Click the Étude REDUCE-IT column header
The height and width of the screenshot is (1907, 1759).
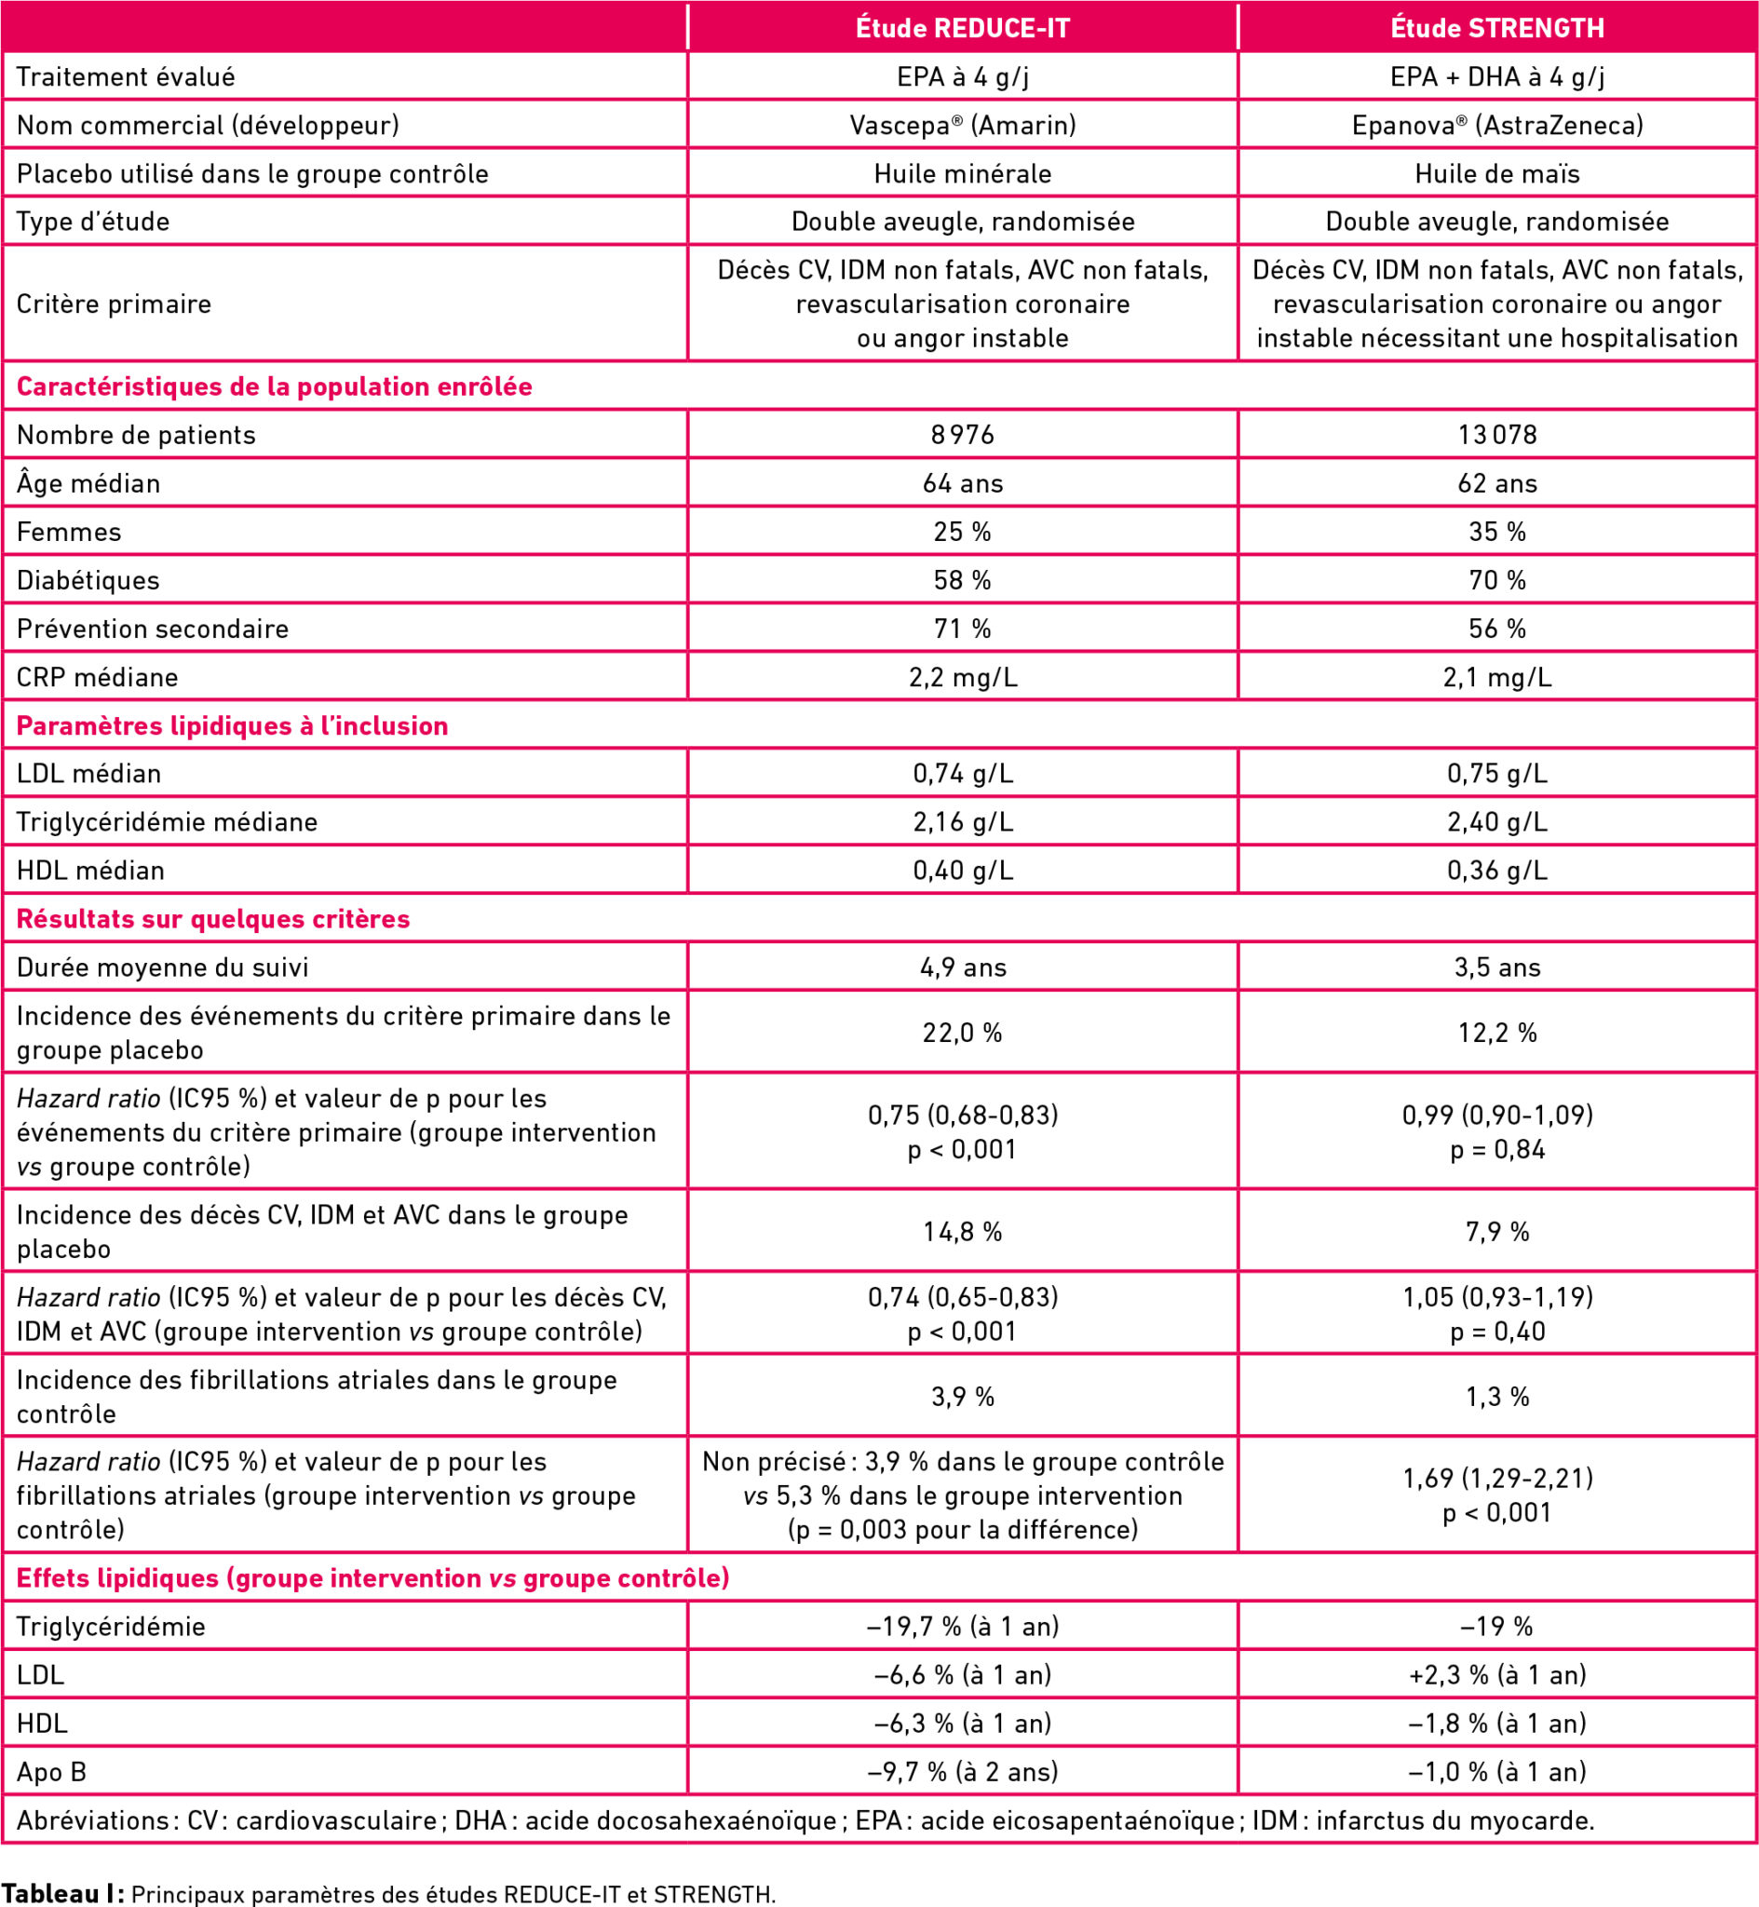click(x=962, y=28)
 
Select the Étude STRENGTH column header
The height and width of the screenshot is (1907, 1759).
click(x=1497, y=28)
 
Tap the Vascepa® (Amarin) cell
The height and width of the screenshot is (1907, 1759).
click(x=962, y=125)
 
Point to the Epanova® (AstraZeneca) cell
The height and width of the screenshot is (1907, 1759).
click(x=1497, y=125)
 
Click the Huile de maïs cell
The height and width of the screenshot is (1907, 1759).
click(x=1497, y=173)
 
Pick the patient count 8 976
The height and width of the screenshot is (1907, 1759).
click(x=962, y=435)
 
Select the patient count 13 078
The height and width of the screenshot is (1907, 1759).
click(x=1497, y=435)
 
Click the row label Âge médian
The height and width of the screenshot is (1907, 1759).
click(x=88, y=483)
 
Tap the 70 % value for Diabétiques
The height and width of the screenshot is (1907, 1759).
click(x=1497, y=579)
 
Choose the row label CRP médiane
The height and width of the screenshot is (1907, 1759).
click(x=97, y=677)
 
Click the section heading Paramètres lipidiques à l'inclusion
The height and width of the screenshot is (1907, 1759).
click(x=232, y=725)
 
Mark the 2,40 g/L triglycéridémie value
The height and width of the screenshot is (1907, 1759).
click(x=1497, y=821)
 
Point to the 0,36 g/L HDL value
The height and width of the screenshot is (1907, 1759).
click(x=1497, y=870)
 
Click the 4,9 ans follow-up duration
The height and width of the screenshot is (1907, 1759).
click(x=962, y=967)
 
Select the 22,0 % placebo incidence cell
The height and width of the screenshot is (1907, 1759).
click(x=962, y=1033)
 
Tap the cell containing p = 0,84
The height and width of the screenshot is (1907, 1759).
click(x=1497, y=1132)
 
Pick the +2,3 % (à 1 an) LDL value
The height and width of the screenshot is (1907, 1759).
click(x=1497, y=1674)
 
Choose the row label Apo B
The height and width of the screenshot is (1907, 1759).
click(x=51, y=1771)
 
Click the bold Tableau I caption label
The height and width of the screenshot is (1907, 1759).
click(x=62, y=1893)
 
